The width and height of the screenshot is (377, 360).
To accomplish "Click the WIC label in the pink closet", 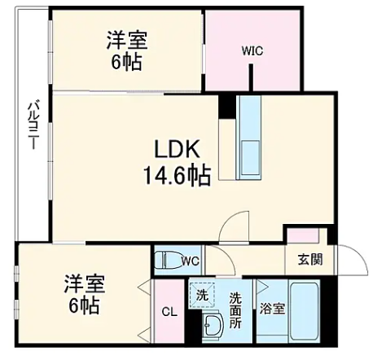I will click(252, 50).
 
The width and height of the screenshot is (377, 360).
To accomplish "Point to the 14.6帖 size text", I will click(177, 174).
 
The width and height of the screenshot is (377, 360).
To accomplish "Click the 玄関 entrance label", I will click(309, 261).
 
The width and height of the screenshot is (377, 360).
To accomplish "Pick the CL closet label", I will click(169, 311).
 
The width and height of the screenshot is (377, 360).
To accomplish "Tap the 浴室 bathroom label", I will click(272, 309).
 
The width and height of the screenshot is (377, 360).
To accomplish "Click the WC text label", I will click(191, 261).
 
